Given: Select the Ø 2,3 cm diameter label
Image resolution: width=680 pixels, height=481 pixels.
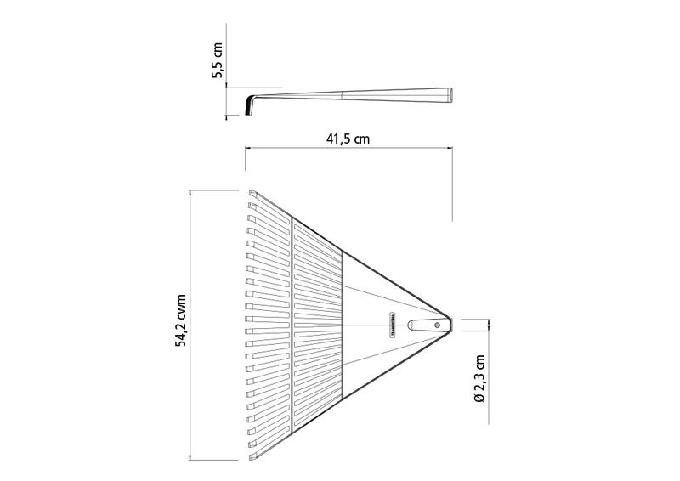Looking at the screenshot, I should point(479,378).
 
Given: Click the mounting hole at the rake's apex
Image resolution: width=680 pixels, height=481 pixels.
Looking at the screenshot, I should point(437,325).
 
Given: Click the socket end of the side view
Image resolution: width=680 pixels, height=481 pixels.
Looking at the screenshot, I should point(446,93).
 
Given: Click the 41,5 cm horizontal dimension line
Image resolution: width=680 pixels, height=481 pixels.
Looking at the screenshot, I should point(348,148).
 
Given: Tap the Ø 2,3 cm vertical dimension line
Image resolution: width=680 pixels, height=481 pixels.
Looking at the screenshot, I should point(489,325).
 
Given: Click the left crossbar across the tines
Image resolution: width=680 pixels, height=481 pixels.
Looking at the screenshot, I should point(292,326).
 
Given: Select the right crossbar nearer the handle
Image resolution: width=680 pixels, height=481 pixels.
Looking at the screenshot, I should point(342,326).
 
